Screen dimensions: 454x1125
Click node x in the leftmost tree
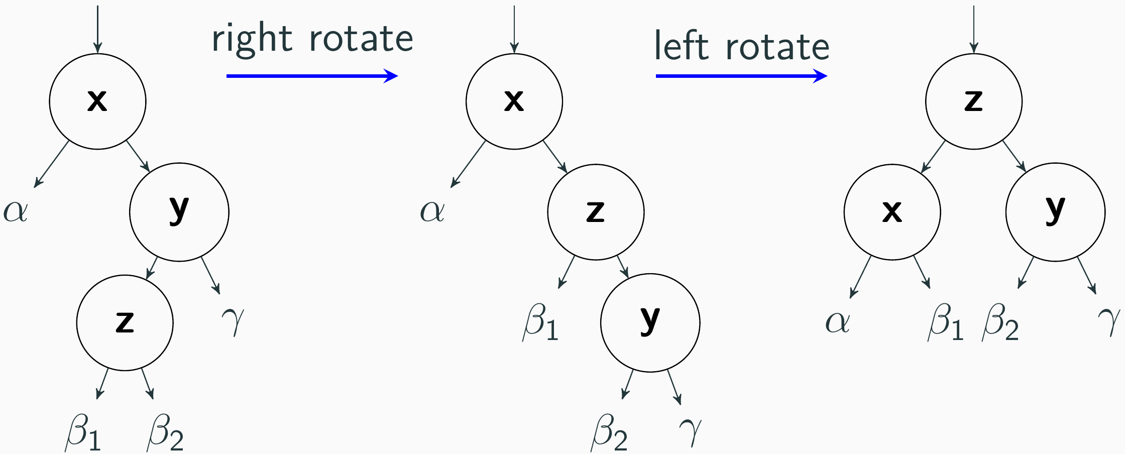pos(97,101)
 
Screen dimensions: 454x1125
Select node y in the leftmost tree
pos(179,212)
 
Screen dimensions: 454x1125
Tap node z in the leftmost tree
pos(125,322)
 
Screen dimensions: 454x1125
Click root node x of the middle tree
pos(514,101)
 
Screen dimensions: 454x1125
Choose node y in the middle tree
pos(650,322)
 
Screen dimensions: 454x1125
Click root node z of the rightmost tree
pos(974,101)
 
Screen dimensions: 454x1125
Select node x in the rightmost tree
pos(892,212)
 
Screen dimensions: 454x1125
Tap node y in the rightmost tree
pos(1055,212)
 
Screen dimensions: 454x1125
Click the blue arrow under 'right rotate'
pos(312,76)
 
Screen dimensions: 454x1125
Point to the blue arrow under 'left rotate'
pos(741,76)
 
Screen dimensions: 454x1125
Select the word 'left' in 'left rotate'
pos(682,46)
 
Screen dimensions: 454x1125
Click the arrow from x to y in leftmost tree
pos(138,156)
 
